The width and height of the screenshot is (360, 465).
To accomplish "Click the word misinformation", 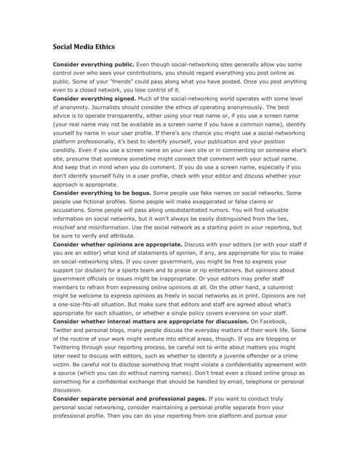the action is pos(124,227).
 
